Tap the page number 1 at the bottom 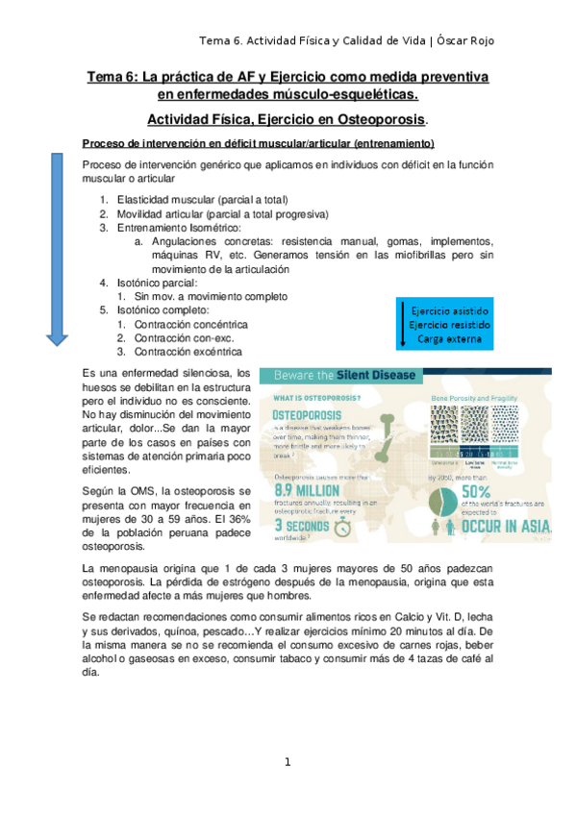(287, 762)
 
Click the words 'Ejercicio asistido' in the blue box (449, 312)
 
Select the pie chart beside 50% (441, 503)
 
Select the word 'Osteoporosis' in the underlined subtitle (375, 119)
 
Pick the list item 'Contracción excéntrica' (188, 352)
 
